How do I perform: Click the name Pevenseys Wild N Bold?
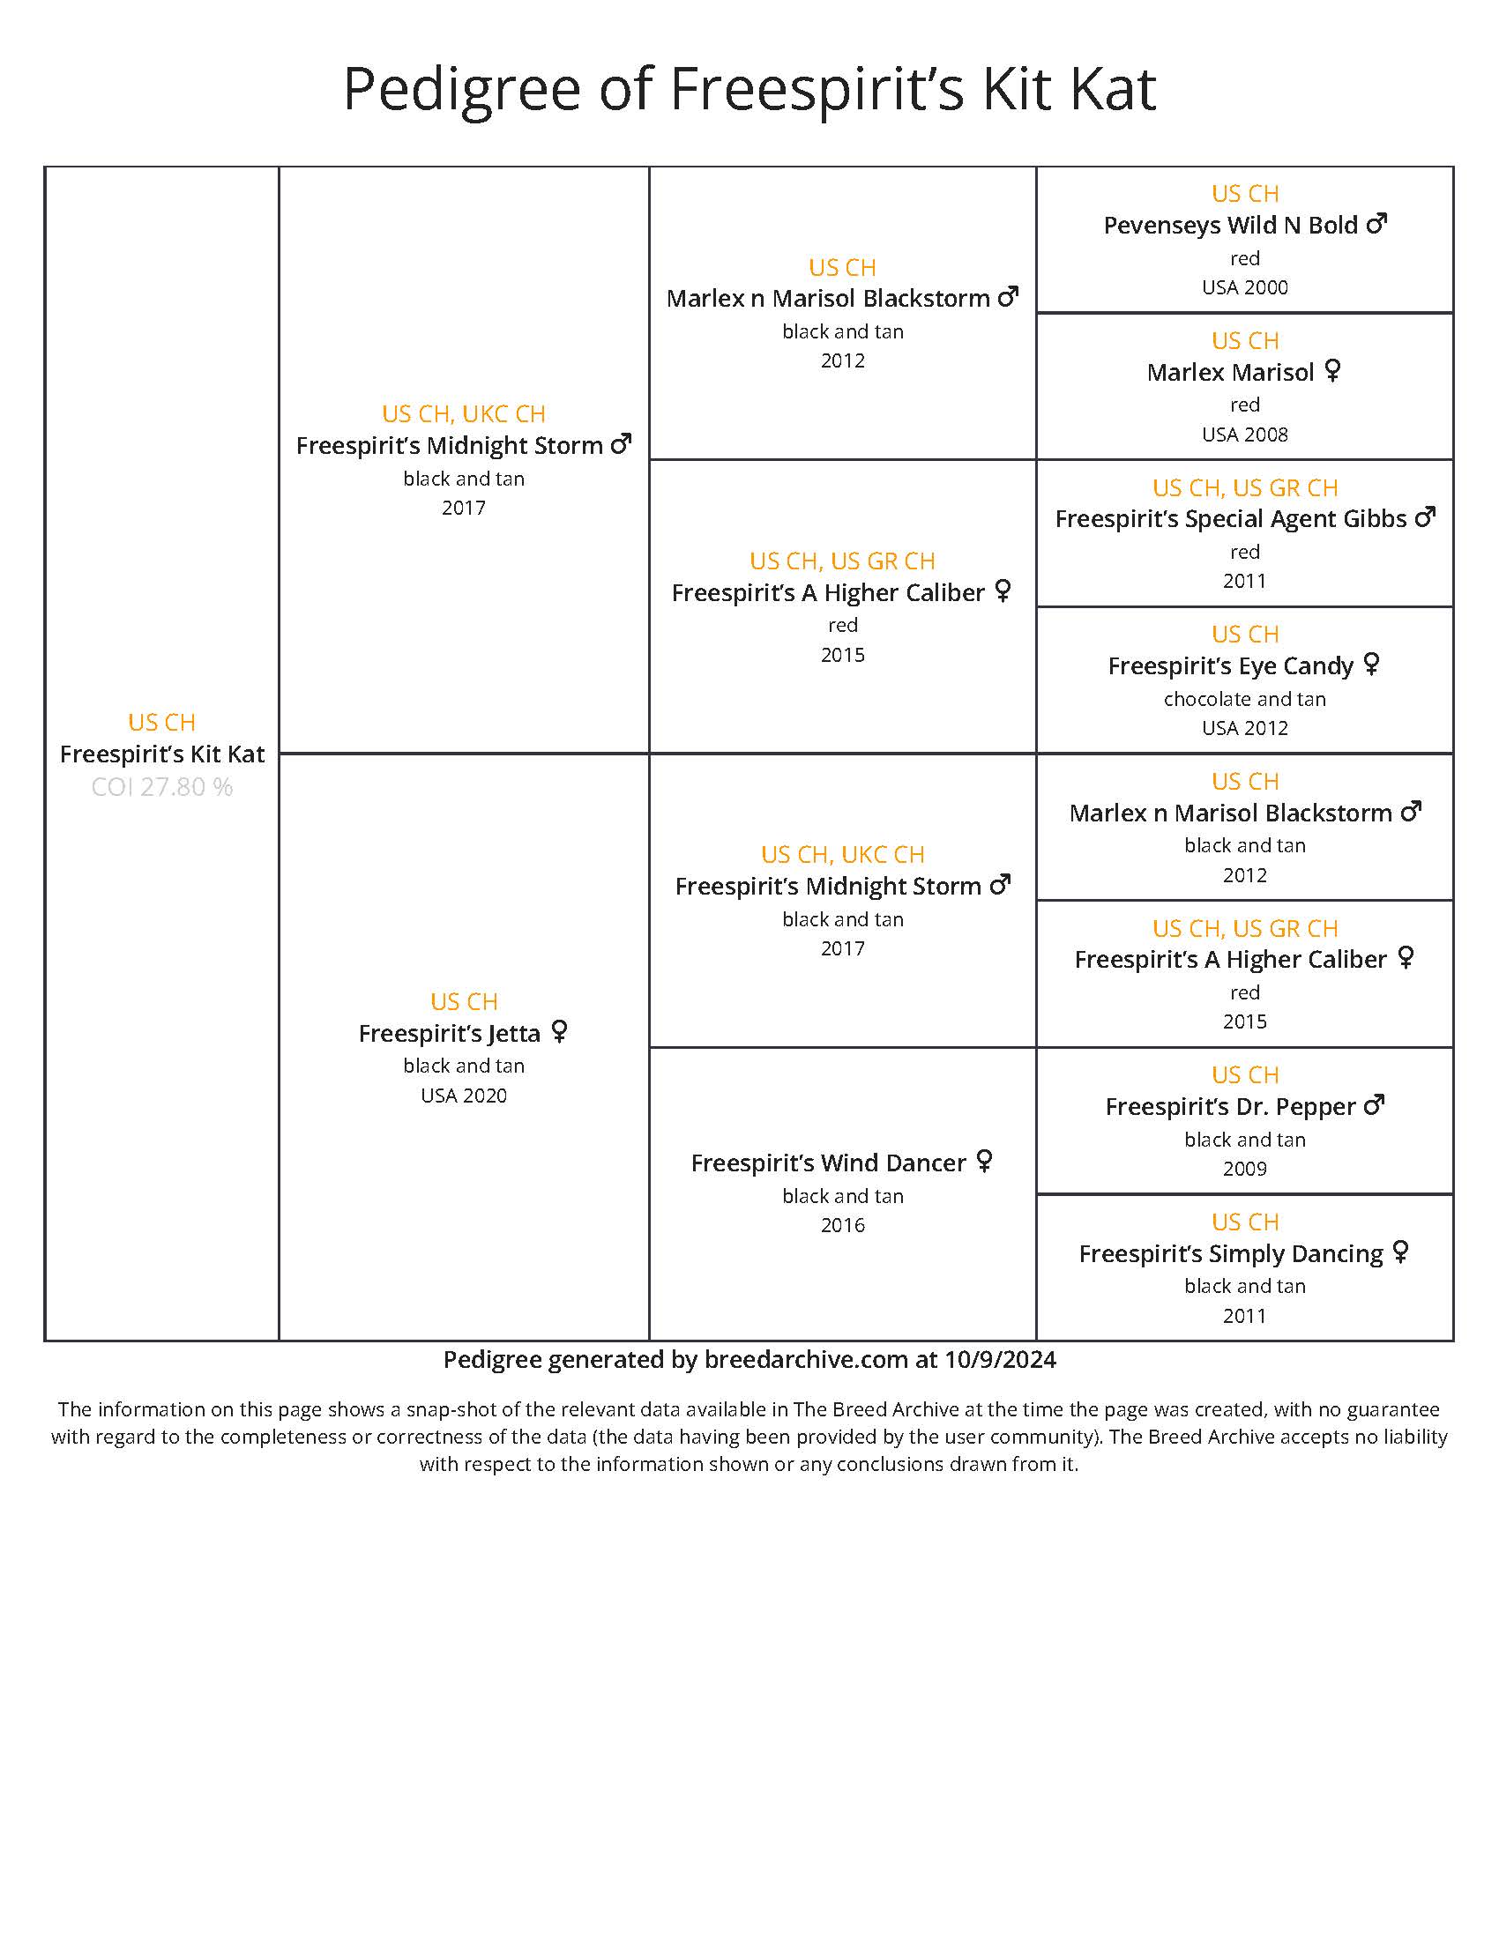point(1230,226)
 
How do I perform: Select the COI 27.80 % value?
point(161,786)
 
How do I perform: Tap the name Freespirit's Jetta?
point(450,1034)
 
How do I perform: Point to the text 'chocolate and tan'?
point(1244,699)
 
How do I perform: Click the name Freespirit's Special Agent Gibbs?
point(1231,518)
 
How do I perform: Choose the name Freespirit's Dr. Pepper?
point(1230,1106)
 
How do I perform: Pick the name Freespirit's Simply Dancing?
point(1231,1253)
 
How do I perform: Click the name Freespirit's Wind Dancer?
point(828,1163)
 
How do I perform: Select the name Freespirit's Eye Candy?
point(1230,665)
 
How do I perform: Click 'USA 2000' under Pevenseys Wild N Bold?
point(1244,287)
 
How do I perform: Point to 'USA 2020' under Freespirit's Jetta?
point(464,1096)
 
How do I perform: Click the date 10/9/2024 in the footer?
point(1000,1360)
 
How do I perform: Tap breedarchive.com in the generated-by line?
point(805,1360)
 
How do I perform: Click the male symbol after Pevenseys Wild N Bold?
point(1376,224)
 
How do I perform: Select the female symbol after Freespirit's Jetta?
point(558,1032)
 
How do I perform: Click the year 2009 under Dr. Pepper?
point(1244,1169)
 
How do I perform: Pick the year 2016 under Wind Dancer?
point(842,1225)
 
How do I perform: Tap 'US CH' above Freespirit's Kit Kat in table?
point(161,722)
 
